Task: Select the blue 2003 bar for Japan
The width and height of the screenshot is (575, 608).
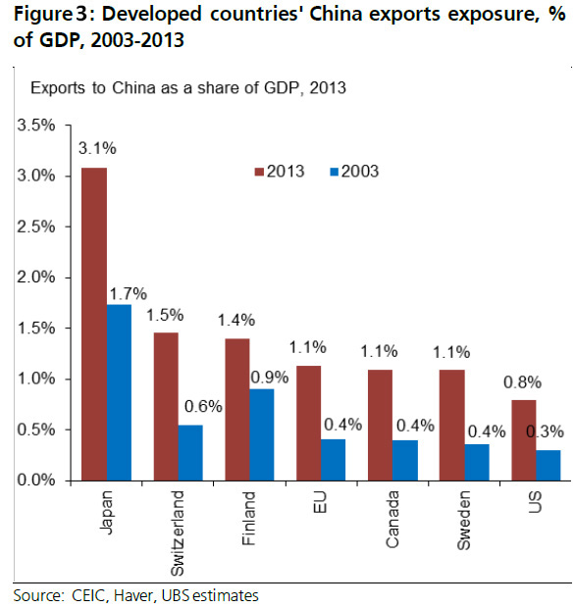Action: (119, 392)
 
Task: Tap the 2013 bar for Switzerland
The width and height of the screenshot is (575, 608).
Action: (166, 406)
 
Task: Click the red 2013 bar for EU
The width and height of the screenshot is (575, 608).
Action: (308, 423)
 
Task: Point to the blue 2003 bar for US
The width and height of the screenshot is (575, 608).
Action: (549, 465)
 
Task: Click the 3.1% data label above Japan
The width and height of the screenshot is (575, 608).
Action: (97, 149)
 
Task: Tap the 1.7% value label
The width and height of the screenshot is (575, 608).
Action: (128, 292)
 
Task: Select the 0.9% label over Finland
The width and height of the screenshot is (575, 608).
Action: (267, 376)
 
